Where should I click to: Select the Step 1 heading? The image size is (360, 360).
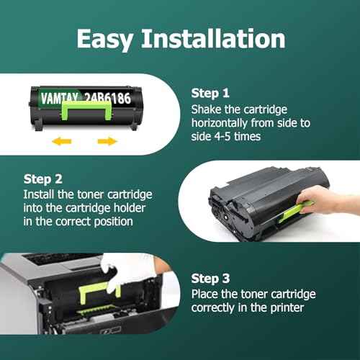coord(211,93)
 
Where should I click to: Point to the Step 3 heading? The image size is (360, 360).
coord(211,276)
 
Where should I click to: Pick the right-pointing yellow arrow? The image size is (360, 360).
coord(107,141)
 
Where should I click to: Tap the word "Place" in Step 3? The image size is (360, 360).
coord(205,294)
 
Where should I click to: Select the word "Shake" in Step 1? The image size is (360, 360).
coord(207,109)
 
